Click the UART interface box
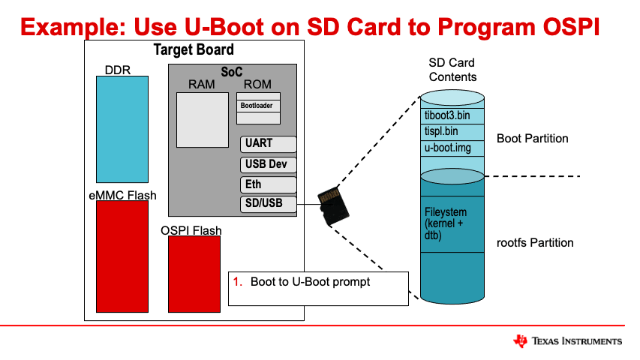pyautogui.click(x=269, y=144)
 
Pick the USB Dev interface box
pyautogui.click(x=269, y=164)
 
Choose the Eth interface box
pyautogui.click(x=269, y=184)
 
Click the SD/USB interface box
pyautogui.click(x=269, y=203)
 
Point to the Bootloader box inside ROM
pyautogui.click(x=258, y=106)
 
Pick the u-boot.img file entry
pyautogui.click(x=448, y=148)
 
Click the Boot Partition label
pyautogui.click(x=532, y=139)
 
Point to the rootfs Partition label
pyautogui.click(x=535, y=243)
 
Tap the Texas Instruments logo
pyautogui.click(x=567, y=341)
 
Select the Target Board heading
pyautogui.click(x=194, y=50)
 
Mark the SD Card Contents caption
pyautogui.click(x=452, y=70)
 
